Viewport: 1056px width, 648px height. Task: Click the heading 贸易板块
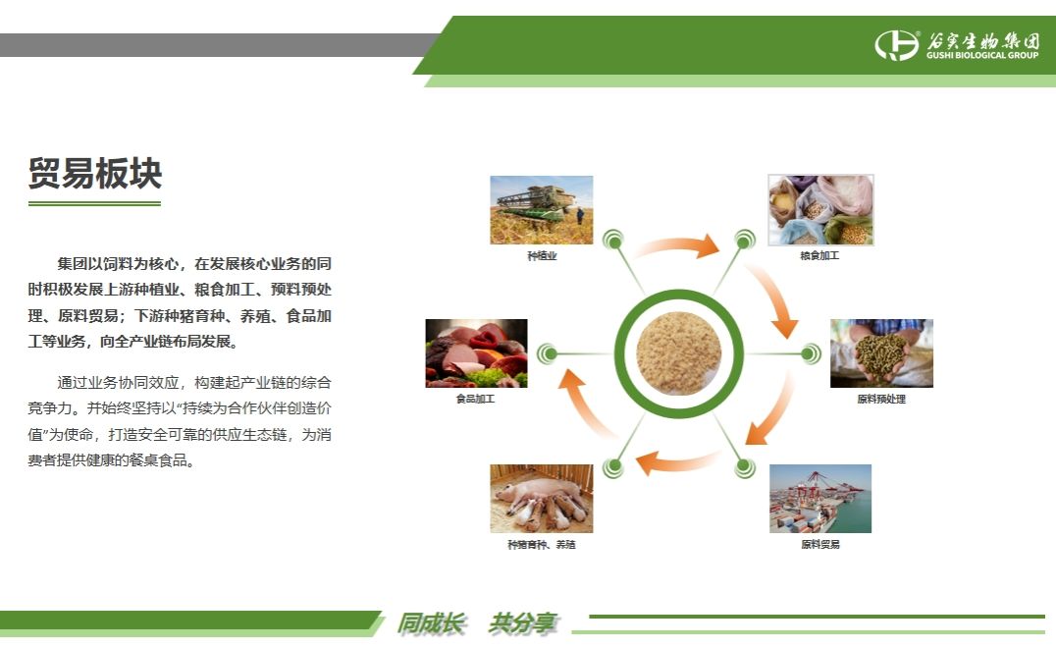pyautogui.click(x=95, y=173)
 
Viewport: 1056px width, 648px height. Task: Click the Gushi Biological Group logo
pyautogui.click(x=957, y=45)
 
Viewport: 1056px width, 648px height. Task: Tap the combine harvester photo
pyautogui.click(x=542, y=210)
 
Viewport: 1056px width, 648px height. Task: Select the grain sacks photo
pyautogui.click(x=820, y=210)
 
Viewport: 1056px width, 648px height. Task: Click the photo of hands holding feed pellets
pyautogui.click(x=881, y=353)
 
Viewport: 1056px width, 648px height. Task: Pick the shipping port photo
pyautogui.click(x=820, y=499)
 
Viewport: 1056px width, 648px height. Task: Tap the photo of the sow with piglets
pyautogui.click(x=542, y=499)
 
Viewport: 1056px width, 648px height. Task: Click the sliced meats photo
pyautogui.click(x=476, y=353)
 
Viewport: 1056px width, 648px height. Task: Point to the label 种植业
pyautogui.click(x=542, y=256)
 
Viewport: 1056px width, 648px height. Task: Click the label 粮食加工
pyautogui.click(x=819, y=256)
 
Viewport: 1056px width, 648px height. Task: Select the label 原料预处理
pyautogui.click(x=881, y=399)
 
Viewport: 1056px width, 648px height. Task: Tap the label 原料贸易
pyautogui.click(x=820, y=544)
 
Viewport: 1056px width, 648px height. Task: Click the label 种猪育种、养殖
pyautogui.click(x=542, y=544)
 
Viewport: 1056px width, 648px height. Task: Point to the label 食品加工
pyautogui.click(x=475, y=399)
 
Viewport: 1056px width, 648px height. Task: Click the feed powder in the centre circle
pyautogui.click(x=679, y=353)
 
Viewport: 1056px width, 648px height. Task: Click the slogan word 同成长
pyautogui.click(x=431, y=623)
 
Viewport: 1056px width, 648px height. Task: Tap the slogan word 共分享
pyautogui.click(x=523, y=623)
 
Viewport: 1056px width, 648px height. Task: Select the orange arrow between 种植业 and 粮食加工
pyautogui.click(x=677, y=244)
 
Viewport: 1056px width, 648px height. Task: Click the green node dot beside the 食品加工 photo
pyautogui.click(x=548, y=353)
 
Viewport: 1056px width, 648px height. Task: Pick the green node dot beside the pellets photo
pyautogui.click(x=811, y=353)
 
